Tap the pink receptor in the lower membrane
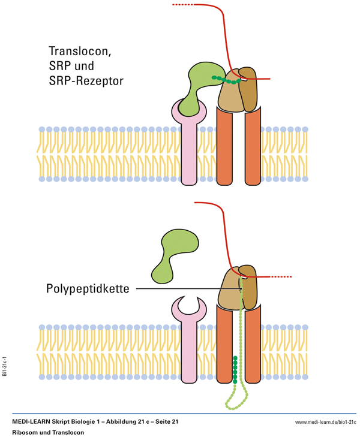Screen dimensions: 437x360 click(190, 348)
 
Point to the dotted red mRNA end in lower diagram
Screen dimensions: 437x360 click(281, 277)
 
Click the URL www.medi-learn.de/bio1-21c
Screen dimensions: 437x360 click(325, 422)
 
